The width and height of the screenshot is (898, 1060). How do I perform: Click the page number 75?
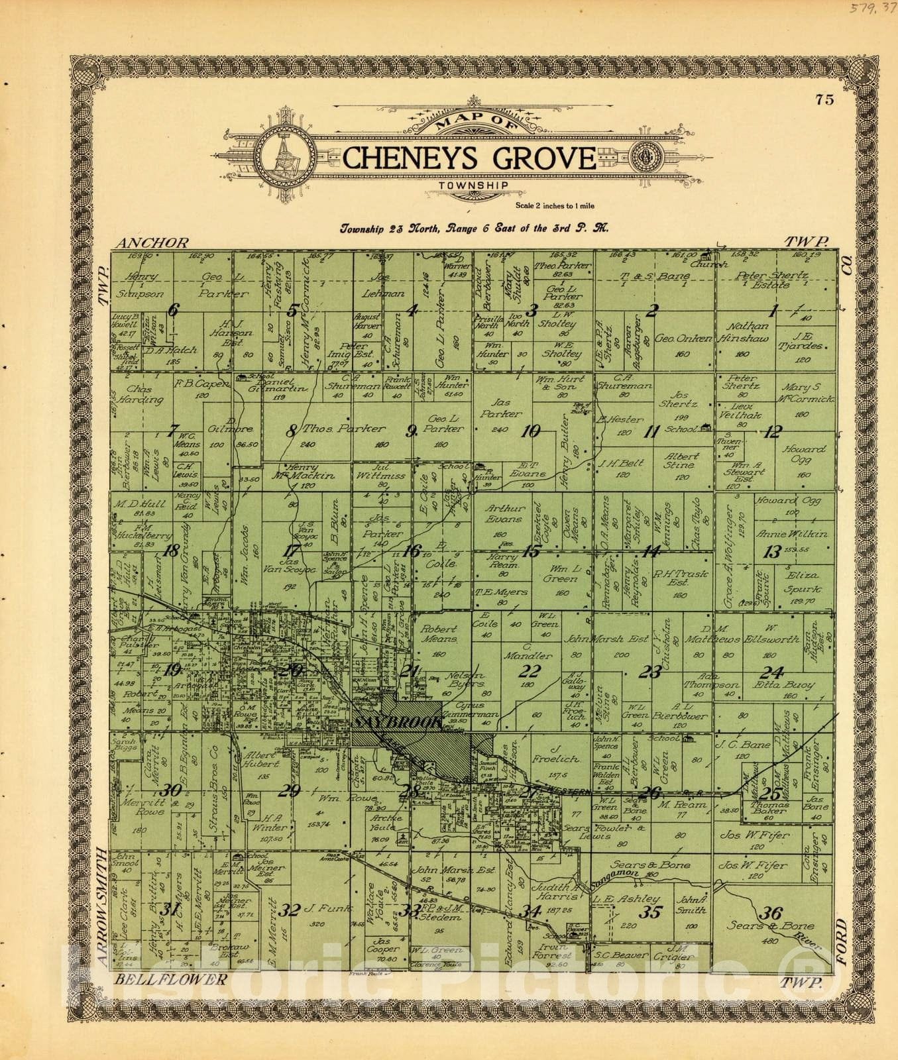824,100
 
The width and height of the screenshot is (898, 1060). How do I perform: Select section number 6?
173,309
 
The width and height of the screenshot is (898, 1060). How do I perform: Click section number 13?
771,551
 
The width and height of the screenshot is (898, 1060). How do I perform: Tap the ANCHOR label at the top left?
152,243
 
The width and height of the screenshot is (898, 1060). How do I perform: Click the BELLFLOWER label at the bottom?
171,979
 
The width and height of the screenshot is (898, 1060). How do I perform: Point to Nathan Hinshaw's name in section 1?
752,331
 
